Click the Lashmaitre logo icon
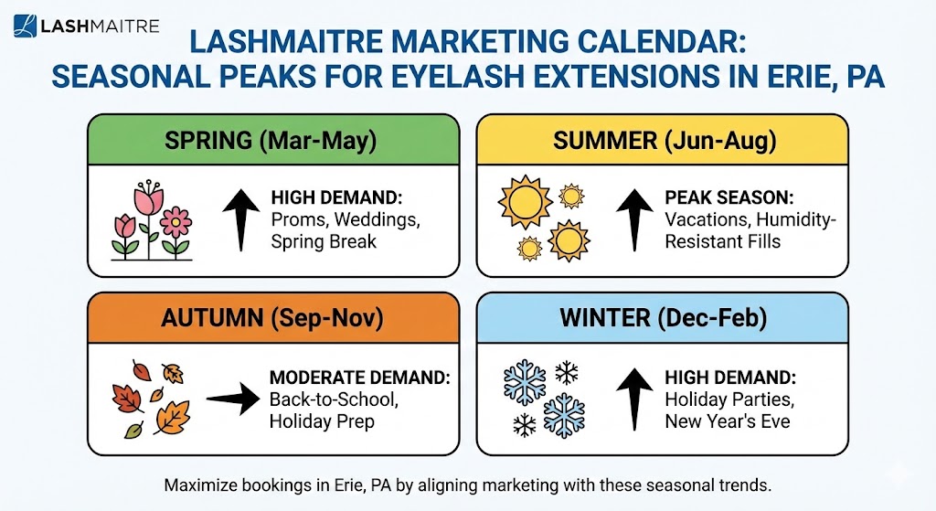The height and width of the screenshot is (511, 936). click(x=26, y=26)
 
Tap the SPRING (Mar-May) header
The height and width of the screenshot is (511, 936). click(x=271, y=141)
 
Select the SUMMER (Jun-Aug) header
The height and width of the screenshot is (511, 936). click(x=665, y=141)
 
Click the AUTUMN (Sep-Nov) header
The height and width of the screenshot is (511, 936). click(x=271, y=318)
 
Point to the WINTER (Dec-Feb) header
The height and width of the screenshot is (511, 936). click(x=665, y=318)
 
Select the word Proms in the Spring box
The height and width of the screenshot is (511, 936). click(x=296, y=219)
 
